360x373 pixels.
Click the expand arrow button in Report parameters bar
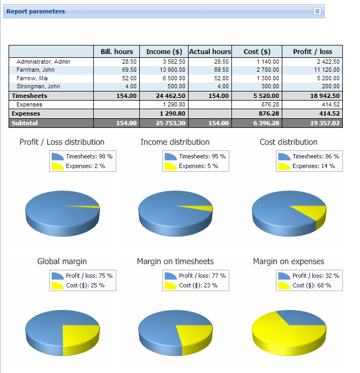[317, 11]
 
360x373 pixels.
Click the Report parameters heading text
[35, 11]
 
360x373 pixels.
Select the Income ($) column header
[164, 51]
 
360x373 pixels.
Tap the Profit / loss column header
[312, 51]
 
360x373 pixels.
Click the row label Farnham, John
[36, 70]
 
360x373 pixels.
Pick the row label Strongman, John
[38, 86]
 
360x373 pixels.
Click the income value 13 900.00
[172, 70]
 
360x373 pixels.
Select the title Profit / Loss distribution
[62, 142]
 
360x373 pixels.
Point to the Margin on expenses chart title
[288, 261]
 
